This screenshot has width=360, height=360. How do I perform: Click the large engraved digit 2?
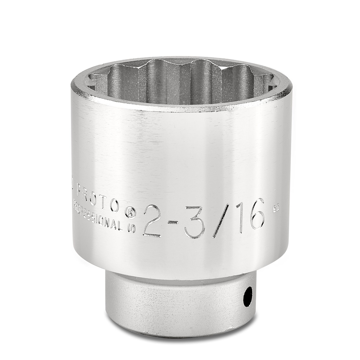click(x=152, y=221)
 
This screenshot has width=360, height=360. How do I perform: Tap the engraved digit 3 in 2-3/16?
click(x=194, y=220)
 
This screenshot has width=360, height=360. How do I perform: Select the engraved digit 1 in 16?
click(x=240, y=218)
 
